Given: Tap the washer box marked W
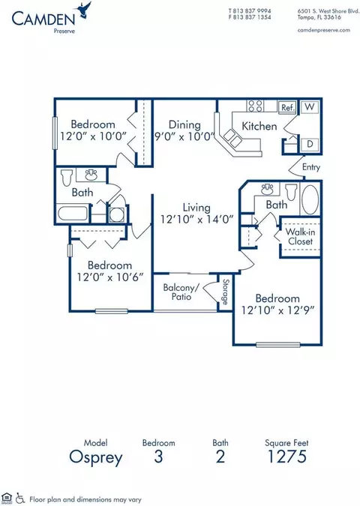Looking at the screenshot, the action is [309, 106].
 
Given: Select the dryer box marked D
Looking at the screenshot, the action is [310, 144].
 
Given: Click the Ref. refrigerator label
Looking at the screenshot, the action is [287, 107].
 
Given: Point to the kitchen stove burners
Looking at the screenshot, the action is [255, 106].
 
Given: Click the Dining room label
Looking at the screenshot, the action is [184, 124].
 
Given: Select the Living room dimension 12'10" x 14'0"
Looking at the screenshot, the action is [197, 220].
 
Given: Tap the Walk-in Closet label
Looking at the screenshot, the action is [300, 236].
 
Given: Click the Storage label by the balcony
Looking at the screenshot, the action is [226, 292].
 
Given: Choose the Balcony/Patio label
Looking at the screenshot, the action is [181, 292].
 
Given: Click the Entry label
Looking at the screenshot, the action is [311, 167].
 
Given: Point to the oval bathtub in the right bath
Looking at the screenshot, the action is [310, 199].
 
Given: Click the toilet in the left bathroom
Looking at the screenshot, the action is [67, 177].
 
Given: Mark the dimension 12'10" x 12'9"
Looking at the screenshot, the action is [278, 310].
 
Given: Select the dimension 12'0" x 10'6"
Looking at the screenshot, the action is [109, 277].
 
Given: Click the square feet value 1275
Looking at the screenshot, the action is [287, 457].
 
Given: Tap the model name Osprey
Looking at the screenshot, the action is [96, 457].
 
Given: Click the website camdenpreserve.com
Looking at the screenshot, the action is [324, 30].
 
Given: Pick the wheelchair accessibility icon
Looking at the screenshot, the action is [20, 498].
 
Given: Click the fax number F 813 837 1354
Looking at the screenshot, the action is [250, 17].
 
